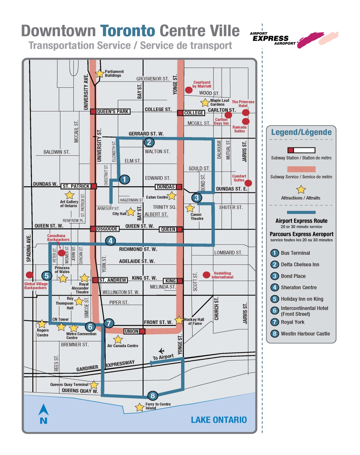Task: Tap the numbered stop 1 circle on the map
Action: (x=125, y=179)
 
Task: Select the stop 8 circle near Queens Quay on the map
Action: (x=153, y=396)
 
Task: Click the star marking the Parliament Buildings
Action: (x=99, y=73)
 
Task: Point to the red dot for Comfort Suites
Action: (x=248, y=183)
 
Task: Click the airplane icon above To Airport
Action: (x=162, y=351)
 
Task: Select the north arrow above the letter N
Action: (x=44, y=410)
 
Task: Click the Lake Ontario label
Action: (x=219, y=420)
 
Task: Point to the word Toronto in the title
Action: (x=127, y=31)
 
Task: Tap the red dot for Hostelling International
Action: (x=206, y=275)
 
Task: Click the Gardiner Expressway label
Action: (x=105, y=366)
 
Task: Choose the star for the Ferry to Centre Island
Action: (x=139, y=408)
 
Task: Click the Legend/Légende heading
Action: (x=301, y=132)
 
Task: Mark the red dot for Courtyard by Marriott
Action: (x=188, y=90)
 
